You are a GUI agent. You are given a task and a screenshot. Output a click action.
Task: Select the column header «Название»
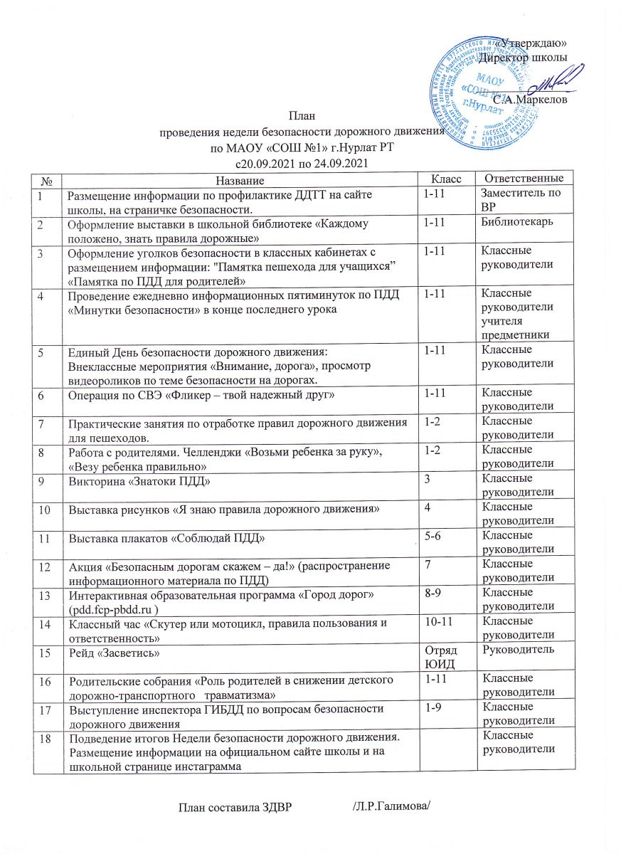tap(238, 177)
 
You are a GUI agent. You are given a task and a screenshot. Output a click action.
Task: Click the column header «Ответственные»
tap(524, 177)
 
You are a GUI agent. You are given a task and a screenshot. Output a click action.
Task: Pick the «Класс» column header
tap(447, 177)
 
